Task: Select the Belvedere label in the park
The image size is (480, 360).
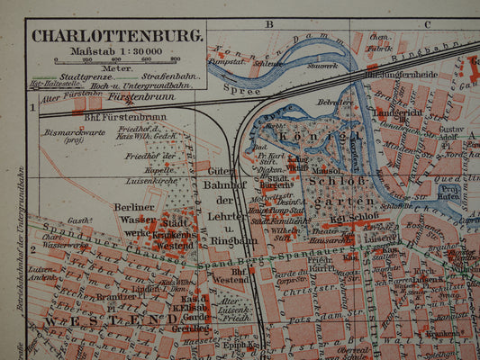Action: [x=336, y=103]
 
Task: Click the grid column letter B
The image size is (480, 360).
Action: [x=268, y=24]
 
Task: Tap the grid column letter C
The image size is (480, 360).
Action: [x=427, y=24]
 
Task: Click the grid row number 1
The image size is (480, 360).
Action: [x=32, y=108]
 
